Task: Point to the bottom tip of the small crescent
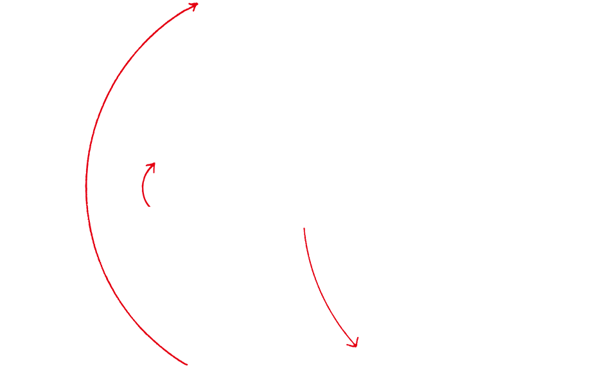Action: click(152, 206)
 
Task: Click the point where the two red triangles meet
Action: click(88, 204)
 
